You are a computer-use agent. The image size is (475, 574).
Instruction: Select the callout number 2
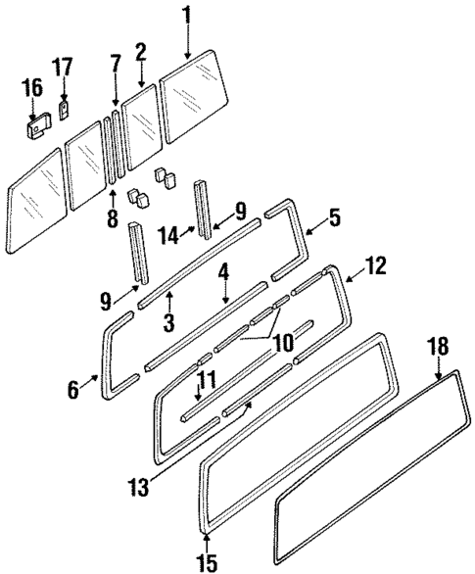click(141, 52)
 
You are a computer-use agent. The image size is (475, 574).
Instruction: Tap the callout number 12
click(375, 264)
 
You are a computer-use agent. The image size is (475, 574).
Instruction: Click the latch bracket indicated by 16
click(36, 125)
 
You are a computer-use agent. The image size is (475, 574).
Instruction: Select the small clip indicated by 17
click(64, 107)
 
